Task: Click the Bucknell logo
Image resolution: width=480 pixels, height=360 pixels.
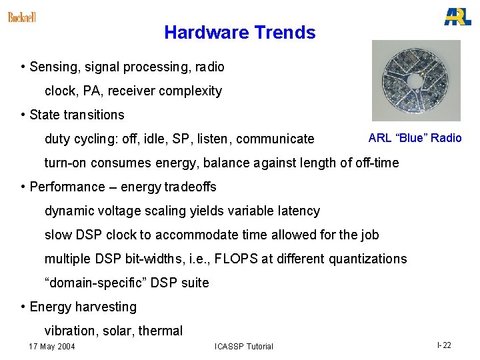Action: point(22,17)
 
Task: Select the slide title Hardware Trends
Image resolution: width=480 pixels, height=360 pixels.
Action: point(239,33)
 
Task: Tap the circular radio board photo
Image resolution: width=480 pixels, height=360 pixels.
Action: point(416,81)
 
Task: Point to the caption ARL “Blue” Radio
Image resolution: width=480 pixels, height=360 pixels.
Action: point(415,138)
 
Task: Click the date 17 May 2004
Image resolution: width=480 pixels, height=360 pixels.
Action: point(52,346)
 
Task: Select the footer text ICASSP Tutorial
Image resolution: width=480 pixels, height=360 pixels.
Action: point(243,346)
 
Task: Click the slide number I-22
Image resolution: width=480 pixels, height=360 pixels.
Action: point(444,345)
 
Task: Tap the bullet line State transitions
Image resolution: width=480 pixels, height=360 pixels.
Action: point(77,115)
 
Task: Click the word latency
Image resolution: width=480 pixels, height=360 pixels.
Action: point(298,211)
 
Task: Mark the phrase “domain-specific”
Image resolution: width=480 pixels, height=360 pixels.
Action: point(95,283)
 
